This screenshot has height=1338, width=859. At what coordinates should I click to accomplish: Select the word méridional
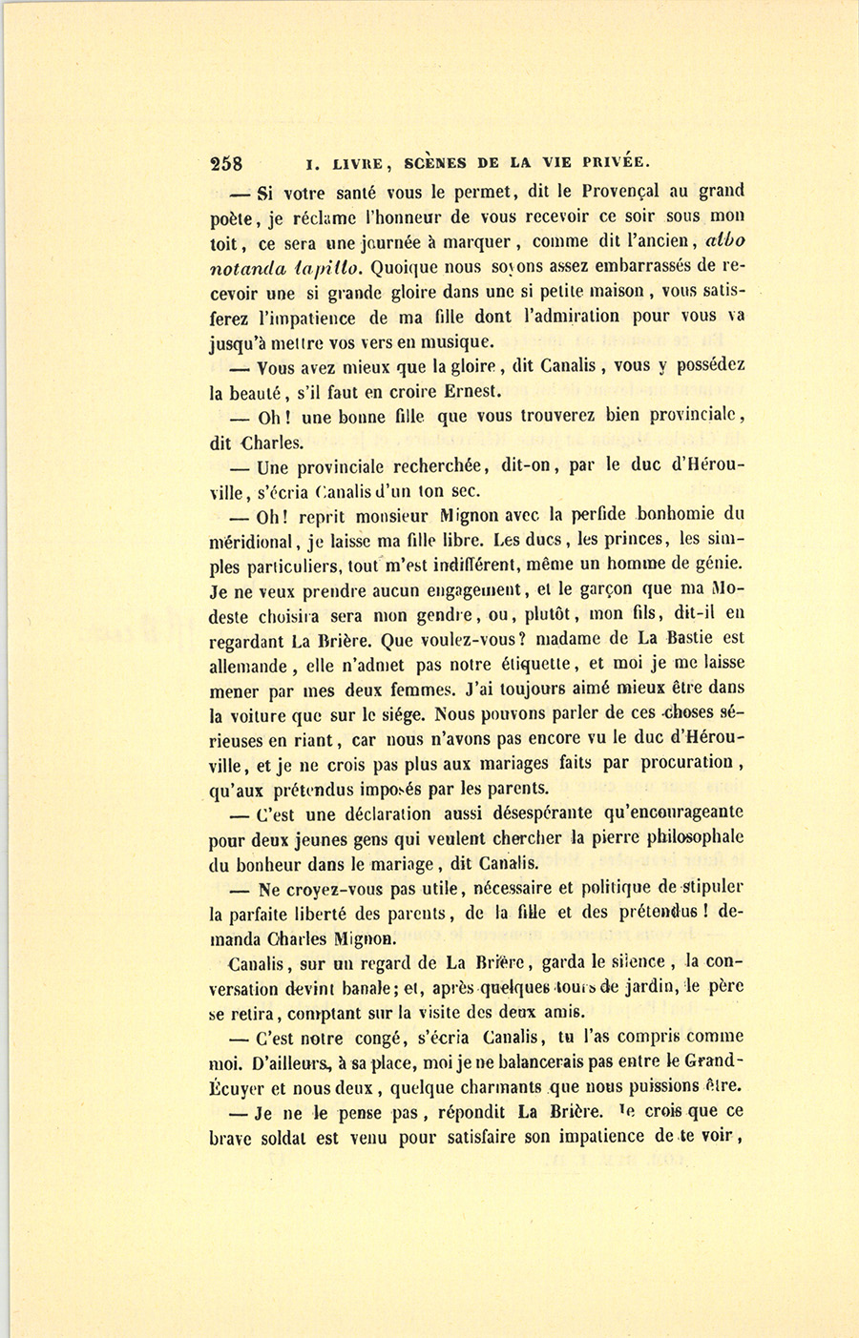click(255, 542)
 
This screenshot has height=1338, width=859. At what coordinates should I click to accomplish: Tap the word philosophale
click(681, 838)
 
